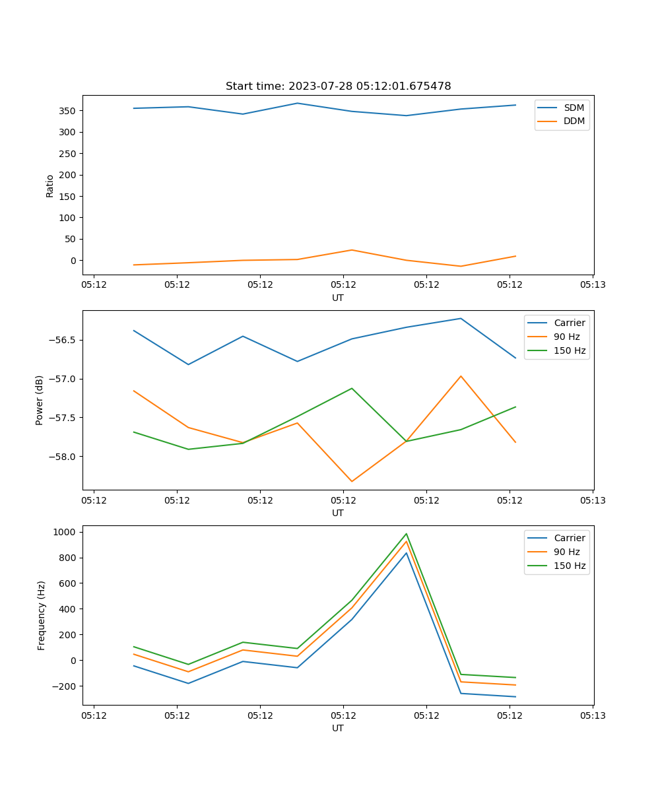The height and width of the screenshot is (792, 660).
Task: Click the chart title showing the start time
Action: tap(338, 86)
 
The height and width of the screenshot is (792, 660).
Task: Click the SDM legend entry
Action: tap(574, 108)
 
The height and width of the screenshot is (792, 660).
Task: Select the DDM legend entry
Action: tap(574, 121)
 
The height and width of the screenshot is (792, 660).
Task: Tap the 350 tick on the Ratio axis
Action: tap(69, 111)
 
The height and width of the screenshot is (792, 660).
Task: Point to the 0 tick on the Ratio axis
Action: tap(74, 261)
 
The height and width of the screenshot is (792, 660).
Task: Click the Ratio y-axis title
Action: tap(50, 185)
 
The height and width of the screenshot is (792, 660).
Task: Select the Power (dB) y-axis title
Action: tap(40, 400)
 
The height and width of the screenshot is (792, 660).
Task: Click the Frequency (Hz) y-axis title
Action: tap(41, 615)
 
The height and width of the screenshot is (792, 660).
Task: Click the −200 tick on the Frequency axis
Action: tap(65, 686)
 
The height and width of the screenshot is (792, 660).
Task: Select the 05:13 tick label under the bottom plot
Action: tap(592, 715)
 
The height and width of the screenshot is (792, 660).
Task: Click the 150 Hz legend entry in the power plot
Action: tap(569, 350)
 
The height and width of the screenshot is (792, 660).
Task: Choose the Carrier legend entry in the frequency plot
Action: tap(569, 538)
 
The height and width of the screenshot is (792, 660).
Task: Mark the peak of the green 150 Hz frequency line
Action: tap(407, 534)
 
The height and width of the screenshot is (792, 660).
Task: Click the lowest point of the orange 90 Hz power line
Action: tap(352, 481)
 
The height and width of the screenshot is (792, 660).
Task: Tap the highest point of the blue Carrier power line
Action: tap(461, 318)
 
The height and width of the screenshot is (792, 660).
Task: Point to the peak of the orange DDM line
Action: tap(352, 250)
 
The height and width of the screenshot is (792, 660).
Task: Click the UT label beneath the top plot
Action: tap(338, 298)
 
